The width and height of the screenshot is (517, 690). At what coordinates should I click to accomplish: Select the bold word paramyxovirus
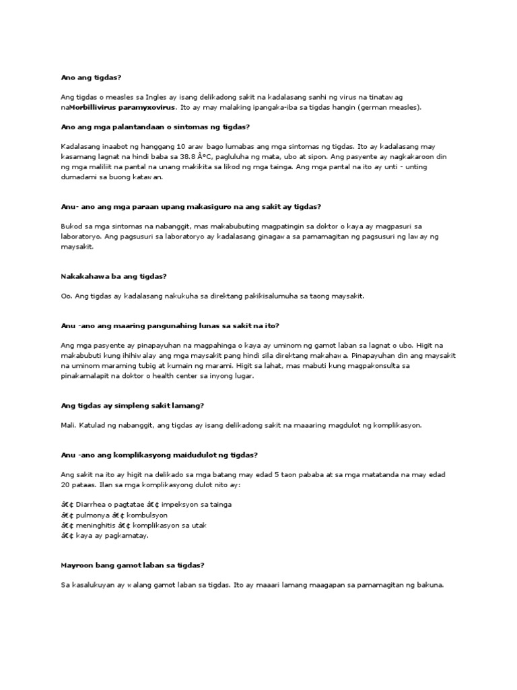point(147,107)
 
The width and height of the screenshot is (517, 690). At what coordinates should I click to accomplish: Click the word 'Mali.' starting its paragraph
point(68,425)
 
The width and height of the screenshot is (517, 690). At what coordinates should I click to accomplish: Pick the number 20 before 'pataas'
point(65,485)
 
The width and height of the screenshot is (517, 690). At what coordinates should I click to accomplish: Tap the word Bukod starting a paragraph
point(72,226)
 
